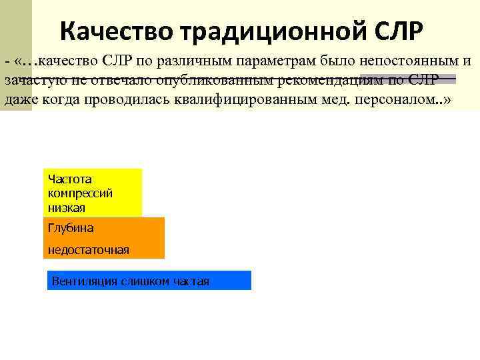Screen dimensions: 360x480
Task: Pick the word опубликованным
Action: click(218, 80)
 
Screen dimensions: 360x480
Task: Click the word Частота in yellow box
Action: click(69, 179)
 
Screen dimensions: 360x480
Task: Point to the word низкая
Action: click(66, 207)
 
